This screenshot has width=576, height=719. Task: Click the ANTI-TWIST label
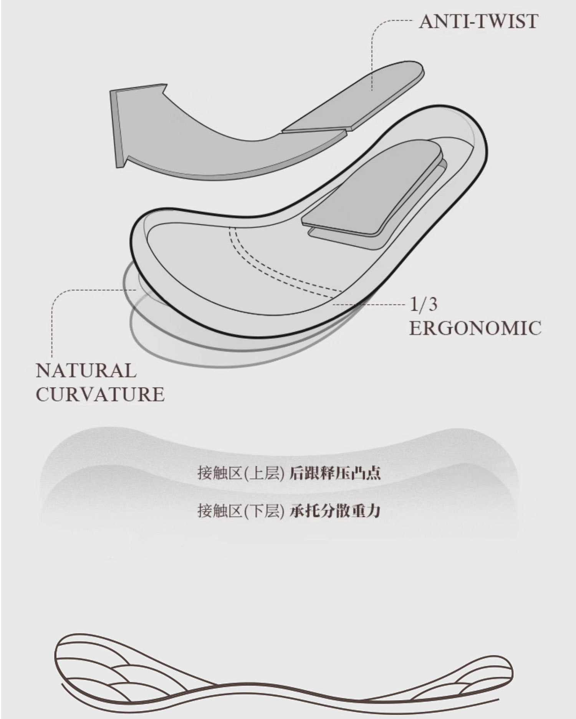click(478, 22)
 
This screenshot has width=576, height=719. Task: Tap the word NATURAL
click(86, 371)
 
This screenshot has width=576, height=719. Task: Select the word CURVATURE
click(100, 395)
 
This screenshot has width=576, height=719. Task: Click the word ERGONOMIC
click(475, 328)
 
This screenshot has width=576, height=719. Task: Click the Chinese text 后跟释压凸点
click(335, 473)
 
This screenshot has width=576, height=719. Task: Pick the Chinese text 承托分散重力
click(335, 511)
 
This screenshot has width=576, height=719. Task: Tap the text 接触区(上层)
click(241, 473)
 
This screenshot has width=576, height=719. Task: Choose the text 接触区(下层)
click(241, 511)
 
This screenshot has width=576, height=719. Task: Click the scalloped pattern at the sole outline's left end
click(108, 670)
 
